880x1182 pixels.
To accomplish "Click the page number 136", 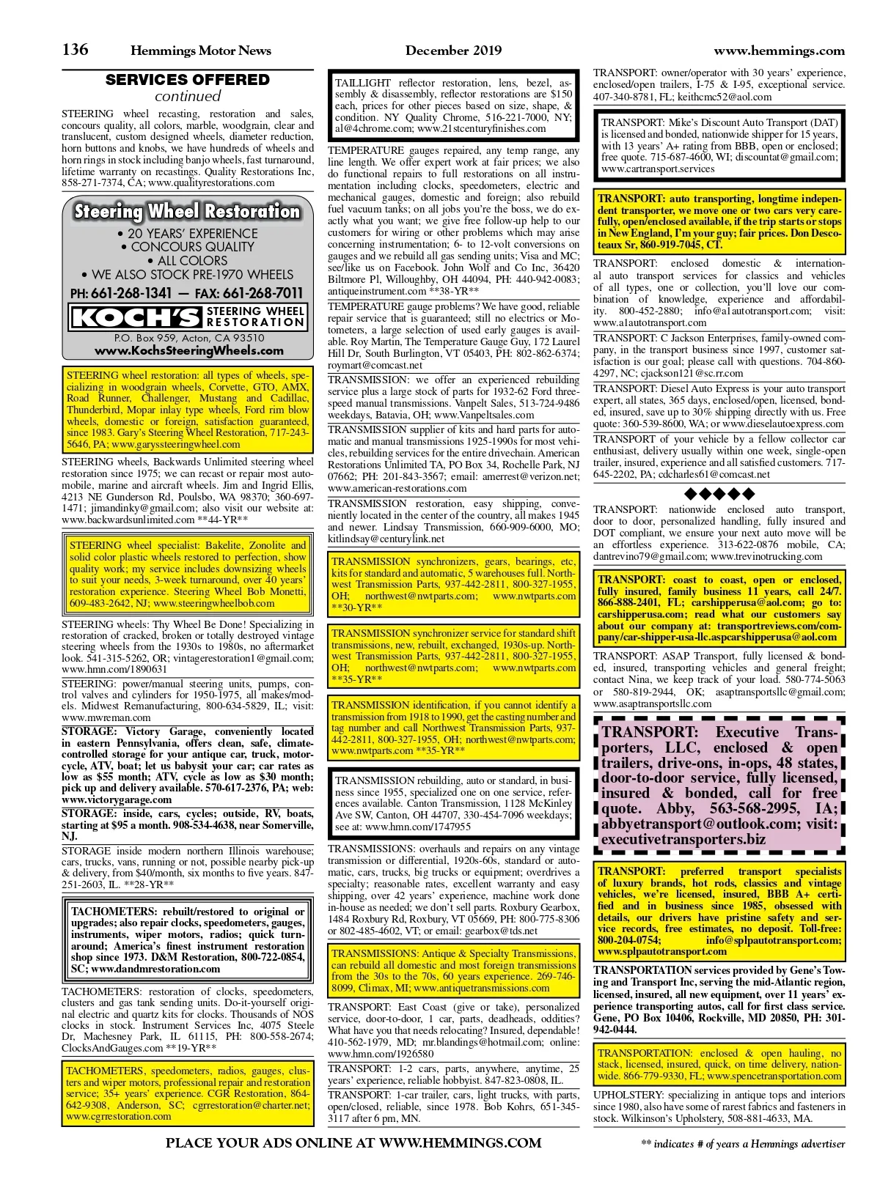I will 76,49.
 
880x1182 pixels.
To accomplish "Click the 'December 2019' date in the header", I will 453,51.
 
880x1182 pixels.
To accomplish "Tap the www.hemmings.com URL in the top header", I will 779,51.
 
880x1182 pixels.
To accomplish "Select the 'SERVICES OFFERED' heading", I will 188,80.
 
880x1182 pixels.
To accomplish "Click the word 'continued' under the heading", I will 188,96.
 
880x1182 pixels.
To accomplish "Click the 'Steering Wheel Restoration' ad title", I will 188,212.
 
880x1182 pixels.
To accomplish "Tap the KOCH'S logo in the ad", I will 135,317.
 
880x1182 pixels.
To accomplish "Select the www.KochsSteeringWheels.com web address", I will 188,351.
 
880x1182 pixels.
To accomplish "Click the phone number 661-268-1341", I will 131,293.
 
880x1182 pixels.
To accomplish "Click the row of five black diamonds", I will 719,493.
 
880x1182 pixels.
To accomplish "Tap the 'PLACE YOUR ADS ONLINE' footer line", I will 353,1143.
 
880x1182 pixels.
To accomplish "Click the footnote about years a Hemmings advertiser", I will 742,1144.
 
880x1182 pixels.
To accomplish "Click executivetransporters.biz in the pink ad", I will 683,839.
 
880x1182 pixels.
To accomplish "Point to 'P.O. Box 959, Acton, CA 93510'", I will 188,338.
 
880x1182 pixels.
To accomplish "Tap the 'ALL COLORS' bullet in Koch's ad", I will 188,261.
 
